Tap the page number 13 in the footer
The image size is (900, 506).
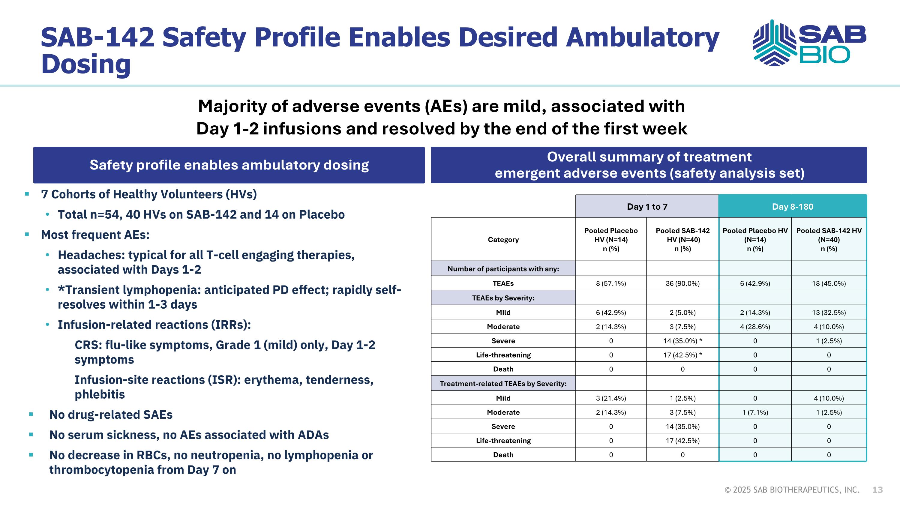pyautogui.click(x=877, y=490)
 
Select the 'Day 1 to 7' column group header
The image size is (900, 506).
pyautogui.click(x=647, y=206)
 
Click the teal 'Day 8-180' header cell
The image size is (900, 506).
pyautogui.click(x=792, y=206)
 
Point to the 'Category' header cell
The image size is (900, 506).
pyautogui.click(x=503, y=240)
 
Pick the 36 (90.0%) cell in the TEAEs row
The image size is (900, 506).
pyautogui.click(x=682, y=283)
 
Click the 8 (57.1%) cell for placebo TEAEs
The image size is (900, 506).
pyautogui.click(x=611, y=283)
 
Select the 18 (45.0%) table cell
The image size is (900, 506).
pyautogui.click(x=829, y=283)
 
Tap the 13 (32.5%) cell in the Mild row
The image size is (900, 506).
pyautogui.click(x=829, y=312)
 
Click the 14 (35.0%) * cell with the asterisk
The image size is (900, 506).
pyautogui.click(x=682, y=341)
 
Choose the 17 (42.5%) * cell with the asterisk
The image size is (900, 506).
pyautogui.click(x=682, y=355)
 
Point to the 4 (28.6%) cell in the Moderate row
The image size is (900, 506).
pyautogui.click(x=755, y=327)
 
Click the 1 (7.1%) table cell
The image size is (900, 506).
pyautogui.click(x=755, y=412)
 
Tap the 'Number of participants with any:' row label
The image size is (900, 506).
pyautogui.click(x=503, y=268)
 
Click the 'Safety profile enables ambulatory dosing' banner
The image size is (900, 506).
pyautogui.click(x=229, y=165)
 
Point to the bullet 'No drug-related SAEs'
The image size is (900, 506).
pyautogui.click(x=111, y=415)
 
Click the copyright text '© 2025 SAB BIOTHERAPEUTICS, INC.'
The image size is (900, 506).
pyautogui.click(x=792, y=490)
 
